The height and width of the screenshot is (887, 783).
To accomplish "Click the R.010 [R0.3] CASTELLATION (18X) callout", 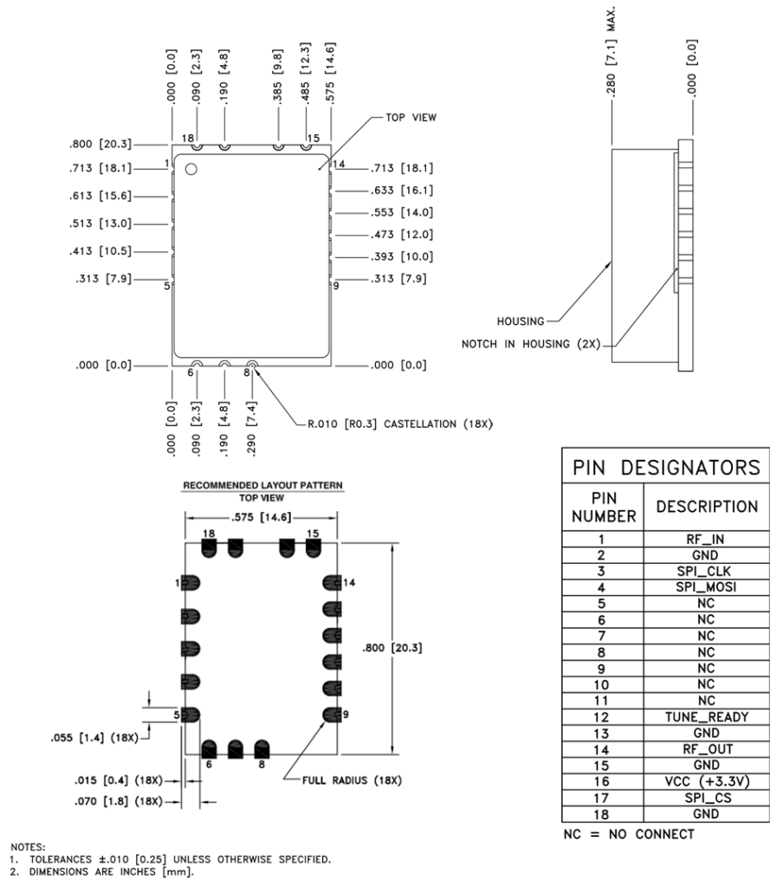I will (398, 425).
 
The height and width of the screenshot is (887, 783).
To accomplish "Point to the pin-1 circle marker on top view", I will (192, 170).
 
